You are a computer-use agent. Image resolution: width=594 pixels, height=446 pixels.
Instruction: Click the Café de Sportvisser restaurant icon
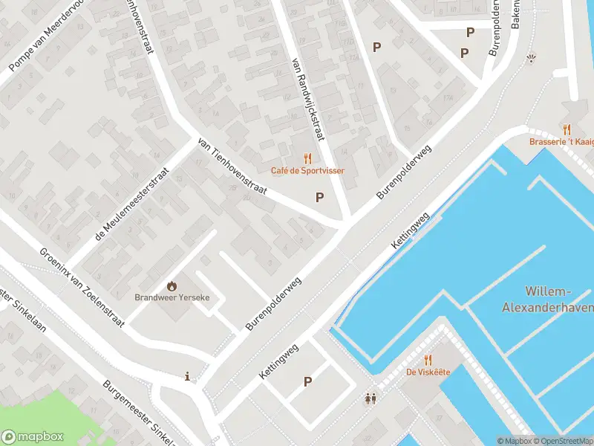(x=307, y=158)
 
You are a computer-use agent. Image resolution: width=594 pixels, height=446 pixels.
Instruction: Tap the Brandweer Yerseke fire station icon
(x=172, y=285)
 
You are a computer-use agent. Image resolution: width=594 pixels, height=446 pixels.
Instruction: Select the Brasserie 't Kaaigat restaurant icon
(x=567, y=129)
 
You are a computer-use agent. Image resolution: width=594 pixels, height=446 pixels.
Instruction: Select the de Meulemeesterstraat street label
(x=133, y=204)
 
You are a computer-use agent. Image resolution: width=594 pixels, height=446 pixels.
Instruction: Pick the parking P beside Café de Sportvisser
(x=320, y=197)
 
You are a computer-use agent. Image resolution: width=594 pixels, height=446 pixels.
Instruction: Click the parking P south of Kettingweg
(x=307, y=381)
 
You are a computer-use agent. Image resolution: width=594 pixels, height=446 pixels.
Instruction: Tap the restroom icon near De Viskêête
(x=371, y=399)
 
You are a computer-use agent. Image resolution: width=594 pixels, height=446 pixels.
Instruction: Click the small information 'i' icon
(x=187, y=377)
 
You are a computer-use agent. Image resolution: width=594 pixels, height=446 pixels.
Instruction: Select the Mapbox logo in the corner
(x=31, y=437)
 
